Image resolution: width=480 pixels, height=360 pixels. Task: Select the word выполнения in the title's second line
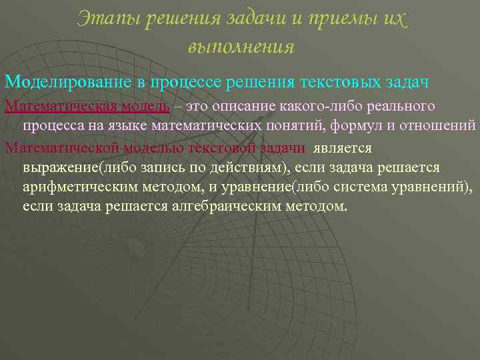click(x=241, y=47)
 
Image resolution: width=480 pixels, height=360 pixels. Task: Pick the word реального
click(x=406, y=107)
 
